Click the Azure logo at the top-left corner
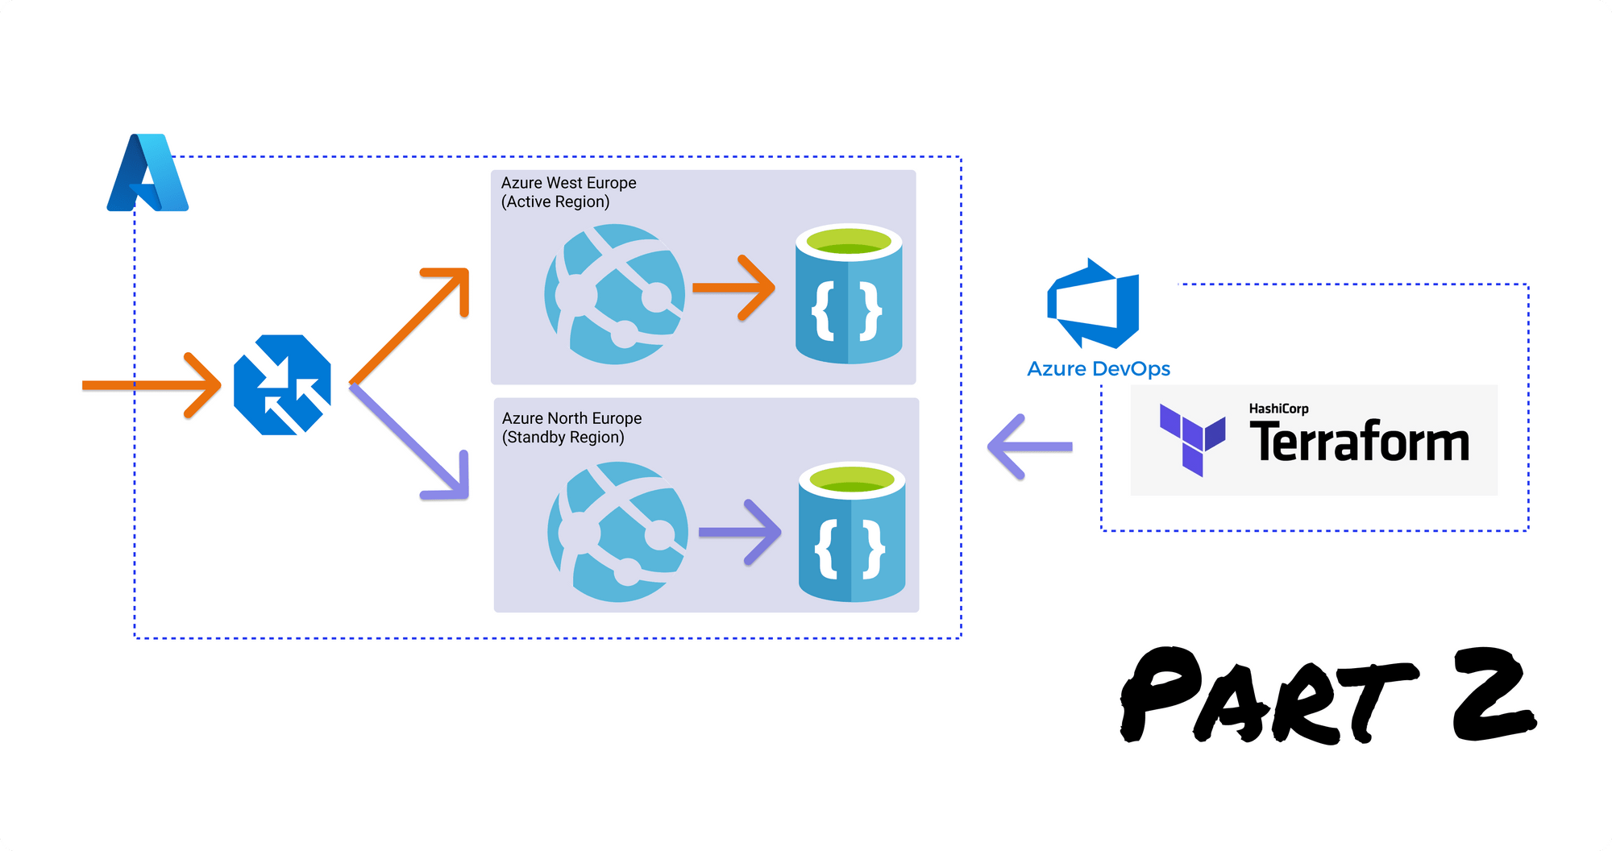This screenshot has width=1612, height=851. click(147, 173)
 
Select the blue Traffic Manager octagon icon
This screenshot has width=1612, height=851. click(282, 385)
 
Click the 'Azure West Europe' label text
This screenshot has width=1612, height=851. click(568, 183)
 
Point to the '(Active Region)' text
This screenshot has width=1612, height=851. click(555, 201)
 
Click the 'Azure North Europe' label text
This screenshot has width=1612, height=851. click(571, 418)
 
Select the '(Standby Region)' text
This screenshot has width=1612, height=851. click(563, 437)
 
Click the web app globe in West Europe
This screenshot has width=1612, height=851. click(614, 294)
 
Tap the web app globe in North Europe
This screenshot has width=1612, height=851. click(617, 531)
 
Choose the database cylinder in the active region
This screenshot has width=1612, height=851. click(849, 294)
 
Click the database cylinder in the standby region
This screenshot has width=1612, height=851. click(852, 532)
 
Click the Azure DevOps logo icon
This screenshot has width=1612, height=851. click(1094, 304)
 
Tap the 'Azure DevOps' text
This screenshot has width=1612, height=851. click(1098, 369)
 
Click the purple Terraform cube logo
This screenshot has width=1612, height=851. click(1192, 438)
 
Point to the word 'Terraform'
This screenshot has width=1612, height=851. click(1359, 442)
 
